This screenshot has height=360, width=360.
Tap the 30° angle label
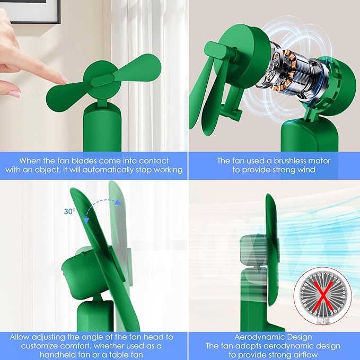(x=69, y=212)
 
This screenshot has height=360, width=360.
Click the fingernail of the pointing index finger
(x=65, y=80)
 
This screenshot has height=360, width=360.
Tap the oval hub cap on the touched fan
(x=103, y=81)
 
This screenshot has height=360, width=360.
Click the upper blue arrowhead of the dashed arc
(x=118, y=202)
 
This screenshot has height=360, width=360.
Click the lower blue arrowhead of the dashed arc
(x=86, y=220)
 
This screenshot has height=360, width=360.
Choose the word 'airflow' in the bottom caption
(x=303, y=355)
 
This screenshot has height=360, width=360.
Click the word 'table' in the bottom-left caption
(x=118, y=355)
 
